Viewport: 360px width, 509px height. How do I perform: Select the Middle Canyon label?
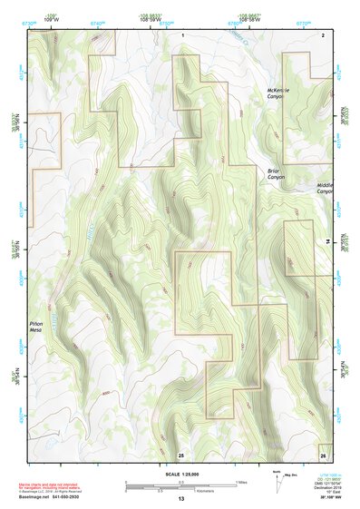[x=325, y=188]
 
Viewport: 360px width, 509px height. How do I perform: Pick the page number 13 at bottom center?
[x=181, y=500]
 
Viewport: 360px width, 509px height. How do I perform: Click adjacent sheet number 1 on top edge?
[x=182, y=34]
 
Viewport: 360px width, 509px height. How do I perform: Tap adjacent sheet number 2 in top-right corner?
[x=322, y=34]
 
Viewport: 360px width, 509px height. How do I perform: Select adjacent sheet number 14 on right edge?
[x=327, y=242]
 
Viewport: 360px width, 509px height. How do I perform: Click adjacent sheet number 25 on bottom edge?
[x=181, y=454]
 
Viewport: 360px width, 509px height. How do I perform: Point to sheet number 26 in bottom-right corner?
[x=322, y=454]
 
